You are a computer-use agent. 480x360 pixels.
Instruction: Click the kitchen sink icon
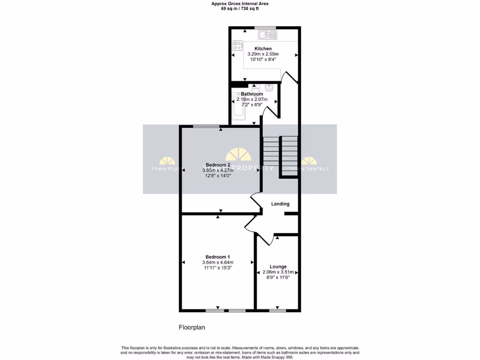(268, 34)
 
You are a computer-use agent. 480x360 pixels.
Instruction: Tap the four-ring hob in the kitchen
(237, 46)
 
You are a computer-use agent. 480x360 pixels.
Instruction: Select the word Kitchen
(263, 49)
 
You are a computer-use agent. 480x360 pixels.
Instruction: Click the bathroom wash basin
(269, 88)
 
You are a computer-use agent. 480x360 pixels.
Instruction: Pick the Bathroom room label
(252, 94)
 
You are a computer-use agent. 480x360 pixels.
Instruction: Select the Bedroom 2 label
(218, 165)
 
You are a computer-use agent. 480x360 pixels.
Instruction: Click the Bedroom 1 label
(217, 257)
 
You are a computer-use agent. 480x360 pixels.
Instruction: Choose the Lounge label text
(278, 267)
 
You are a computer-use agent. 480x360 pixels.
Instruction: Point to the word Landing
(280, 204)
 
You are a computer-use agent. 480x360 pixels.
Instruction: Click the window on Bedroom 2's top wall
(207, 126)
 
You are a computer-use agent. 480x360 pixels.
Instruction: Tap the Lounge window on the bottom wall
(277, 310)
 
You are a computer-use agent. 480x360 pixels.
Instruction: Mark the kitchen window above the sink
(265, 28)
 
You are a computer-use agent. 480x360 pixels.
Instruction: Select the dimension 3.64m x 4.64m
(217, 262)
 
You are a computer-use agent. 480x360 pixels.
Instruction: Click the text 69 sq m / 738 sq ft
(240, 8)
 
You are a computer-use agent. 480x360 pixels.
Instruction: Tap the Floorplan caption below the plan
(192, 327)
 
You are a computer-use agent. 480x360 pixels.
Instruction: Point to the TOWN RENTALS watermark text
(309, 169)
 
